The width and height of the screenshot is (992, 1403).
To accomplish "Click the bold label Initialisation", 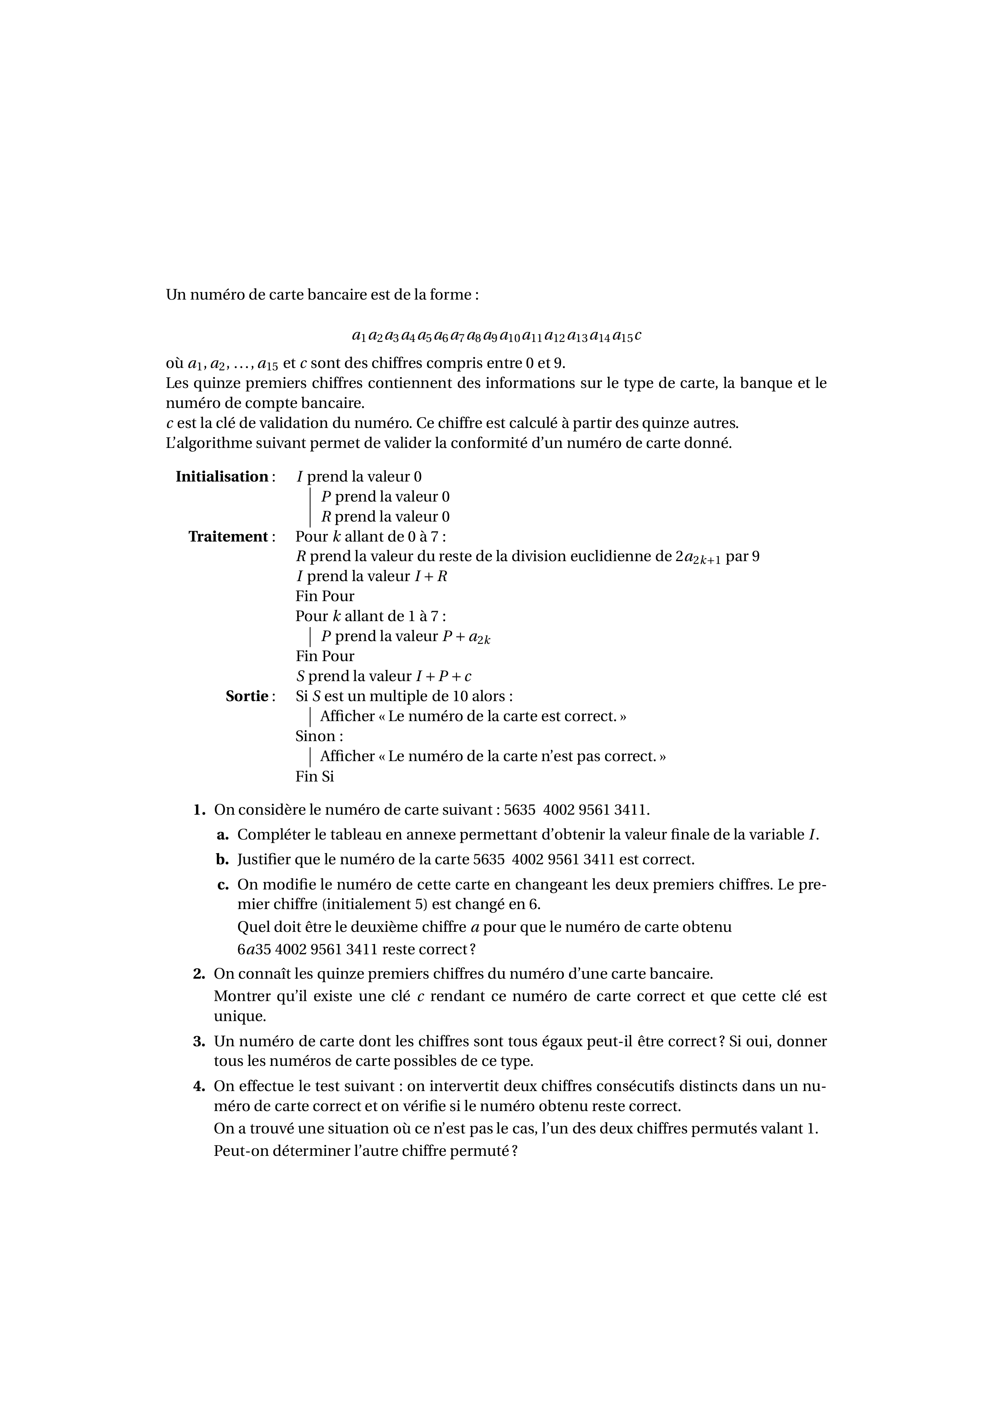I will pyautogui.click(x=222, y=477).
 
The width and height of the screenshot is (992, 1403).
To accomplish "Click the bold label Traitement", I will pyautogui.click(x=228, y=536).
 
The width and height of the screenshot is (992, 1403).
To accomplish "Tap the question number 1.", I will pyautogui.click(x=198, y=810).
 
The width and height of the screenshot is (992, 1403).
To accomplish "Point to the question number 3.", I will pyautogui.click(x=198, y=1041).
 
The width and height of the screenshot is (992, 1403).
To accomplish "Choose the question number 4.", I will pyautogui.click(x=198, y=1087).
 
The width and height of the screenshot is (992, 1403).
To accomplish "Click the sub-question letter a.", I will pyautogui.click(x=222, y=835).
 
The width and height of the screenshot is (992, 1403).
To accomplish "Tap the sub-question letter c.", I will pyautogui.click(x=222, y=885).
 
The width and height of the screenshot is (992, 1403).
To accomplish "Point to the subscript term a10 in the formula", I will pyautogui.click(x=510, y=336).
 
